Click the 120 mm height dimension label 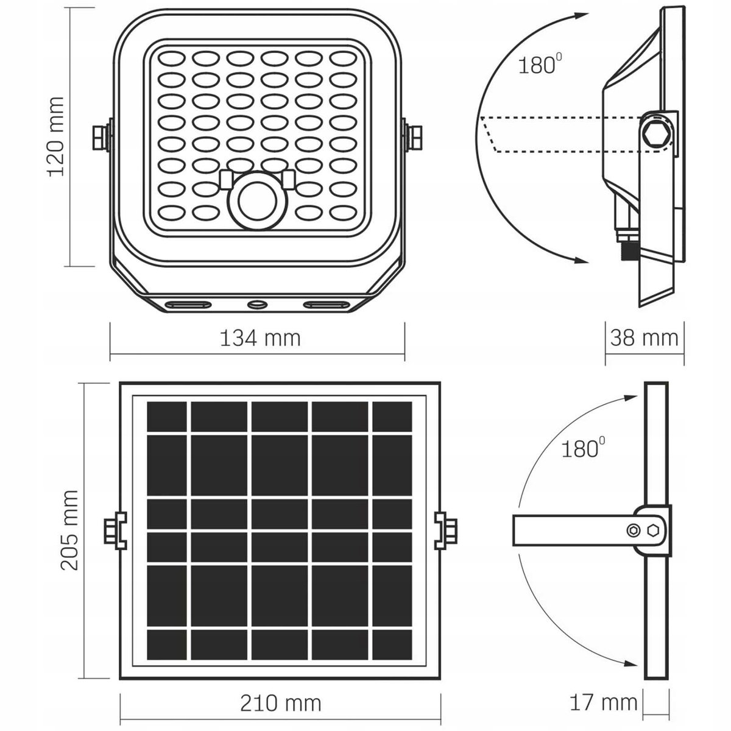click(x=56, y=136)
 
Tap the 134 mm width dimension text click(x=260, y=338)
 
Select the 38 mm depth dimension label click(x=644, y=337)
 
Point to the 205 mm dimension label click(x=69, y=531)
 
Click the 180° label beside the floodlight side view click(x=540, y=64)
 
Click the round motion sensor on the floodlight click(x=257, y=202)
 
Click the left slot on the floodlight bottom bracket click(x=188, y=304)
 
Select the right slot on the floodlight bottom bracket click(x=327, y=304)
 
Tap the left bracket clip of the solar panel click(x=115, y=530)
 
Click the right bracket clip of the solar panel click(x=445, y=530)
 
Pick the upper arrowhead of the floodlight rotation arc click(x=581, y=16)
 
